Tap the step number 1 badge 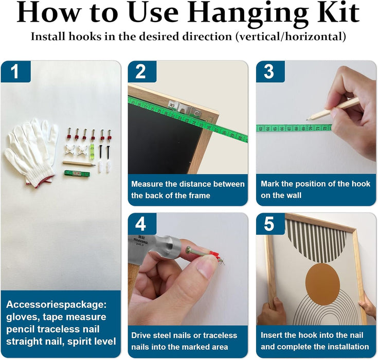click(x=15, y=71)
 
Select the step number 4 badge click(x=142, y=224)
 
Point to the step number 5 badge click(x=270, y=224)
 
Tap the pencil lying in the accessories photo click(x=79, y=164)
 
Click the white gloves click(x=31, y=151)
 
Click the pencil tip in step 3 click(x=308, y=119)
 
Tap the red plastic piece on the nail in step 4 click(x=214, y=256)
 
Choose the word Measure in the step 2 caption click(x=147, y=184)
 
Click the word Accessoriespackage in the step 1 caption click(x=57, y=304)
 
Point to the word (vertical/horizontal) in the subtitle click(x=291, y=37)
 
